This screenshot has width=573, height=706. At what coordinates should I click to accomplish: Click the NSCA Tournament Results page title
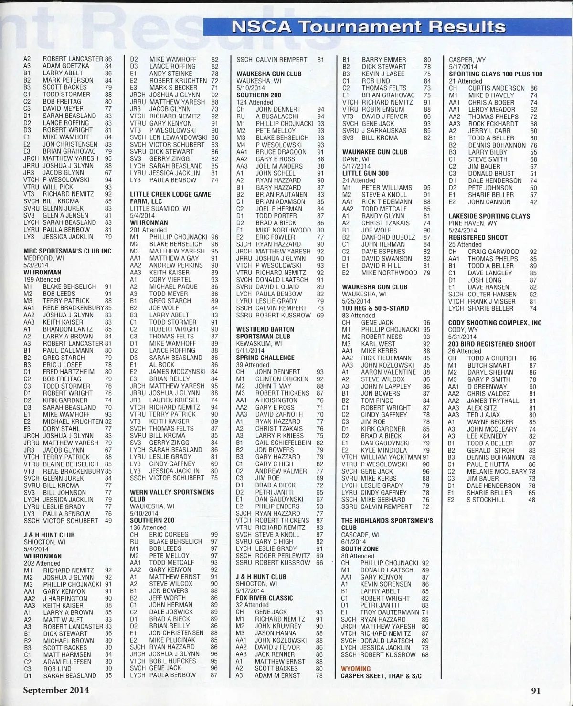tap(368, 27)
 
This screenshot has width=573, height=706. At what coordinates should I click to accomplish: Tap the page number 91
tap(535, 690)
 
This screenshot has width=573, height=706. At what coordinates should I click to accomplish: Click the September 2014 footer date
tap(56, 690)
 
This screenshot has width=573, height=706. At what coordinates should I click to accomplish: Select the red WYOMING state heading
tap(356, 669)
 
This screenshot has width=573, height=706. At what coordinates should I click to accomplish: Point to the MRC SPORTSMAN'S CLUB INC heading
tap(67, 251)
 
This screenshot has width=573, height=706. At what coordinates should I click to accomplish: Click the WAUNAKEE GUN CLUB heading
tap(375, 152)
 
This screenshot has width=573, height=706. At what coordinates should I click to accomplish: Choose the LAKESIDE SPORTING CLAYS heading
tap(489, 216)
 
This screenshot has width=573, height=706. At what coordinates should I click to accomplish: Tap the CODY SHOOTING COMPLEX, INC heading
tap(495, 323)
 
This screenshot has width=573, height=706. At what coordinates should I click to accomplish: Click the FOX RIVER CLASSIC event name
tap(265, 598)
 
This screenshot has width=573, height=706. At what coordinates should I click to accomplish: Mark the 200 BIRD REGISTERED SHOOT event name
tap(492, 344)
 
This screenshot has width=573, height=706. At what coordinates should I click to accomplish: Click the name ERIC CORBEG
tap(169, 535)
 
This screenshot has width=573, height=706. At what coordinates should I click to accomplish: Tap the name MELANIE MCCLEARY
tap(490, 472)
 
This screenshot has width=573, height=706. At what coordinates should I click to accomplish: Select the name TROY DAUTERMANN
tap(390, 612)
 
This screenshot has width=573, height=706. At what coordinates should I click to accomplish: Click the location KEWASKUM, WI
tap(259, 343)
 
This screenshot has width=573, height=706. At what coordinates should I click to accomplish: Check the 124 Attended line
tap(255, 102)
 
